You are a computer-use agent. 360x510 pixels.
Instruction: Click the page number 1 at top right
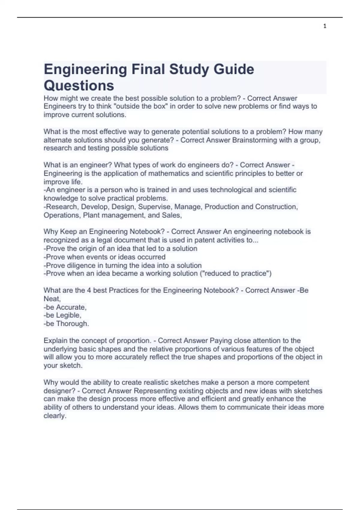click(x=325, y=26)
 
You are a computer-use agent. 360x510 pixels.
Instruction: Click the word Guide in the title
click(x=234, y=69)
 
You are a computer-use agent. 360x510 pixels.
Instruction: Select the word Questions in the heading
click(x=79, y=85)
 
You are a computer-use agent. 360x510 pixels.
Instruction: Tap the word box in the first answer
click(x=160, y=106)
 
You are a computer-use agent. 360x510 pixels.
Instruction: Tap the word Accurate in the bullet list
click(x=71, y=307)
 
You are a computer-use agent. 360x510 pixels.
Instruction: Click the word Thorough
click(x=72, y=324)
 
